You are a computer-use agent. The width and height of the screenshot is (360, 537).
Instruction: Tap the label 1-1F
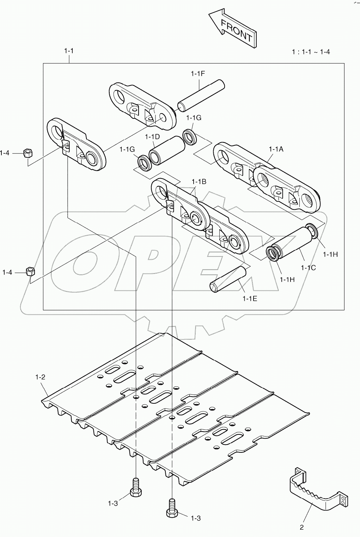pyautogui.click(x=198, y=74)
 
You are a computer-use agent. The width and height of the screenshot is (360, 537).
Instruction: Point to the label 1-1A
pyautogui.click(x=276, y=149)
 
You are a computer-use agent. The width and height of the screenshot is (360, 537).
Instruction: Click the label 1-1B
pyautogui.click(x=199, y=182)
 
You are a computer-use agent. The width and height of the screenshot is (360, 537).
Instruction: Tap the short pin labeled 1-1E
pyautogui.click(x=228, y=279)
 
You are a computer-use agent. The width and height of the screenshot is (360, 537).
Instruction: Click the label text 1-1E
pyautogui.click(x=250, y=299)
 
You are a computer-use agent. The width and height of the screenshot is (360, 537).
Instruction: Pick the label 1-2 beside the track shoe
pyautogui.click(x=40, y=377)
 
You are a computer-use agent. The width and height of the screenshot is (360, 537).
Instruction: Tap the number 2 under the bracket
pyautogui.click(x=301, y=527)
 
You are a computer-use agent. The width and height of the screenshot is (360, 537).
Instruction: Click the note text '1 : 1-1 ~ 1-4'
pyautogui.click(x=311, y=52)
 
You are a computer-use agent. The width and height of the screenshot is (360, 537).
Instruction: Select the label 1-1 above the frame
pyautogui.click(x=69, y=51)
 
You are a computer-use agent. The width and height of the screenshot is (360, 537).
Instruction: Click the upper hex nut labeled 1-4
pyautogui.click(x=28, y=153)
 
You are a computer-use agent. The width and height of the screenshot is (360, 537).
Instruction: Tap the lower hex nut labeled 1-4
pyautogui.click(x=30, y=272)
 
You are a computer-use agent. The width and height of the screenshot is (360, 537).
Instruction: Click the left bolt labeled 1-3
pyautogui.click(x=135, y=488)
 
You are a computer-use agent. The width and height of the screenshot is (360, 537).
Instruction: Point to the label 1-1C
pyautogui.click(x=308, y=268)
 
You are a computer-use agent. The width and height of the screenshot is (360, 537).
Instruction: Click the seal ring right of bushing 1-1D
pyautogui.click(x=191, y=137)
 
